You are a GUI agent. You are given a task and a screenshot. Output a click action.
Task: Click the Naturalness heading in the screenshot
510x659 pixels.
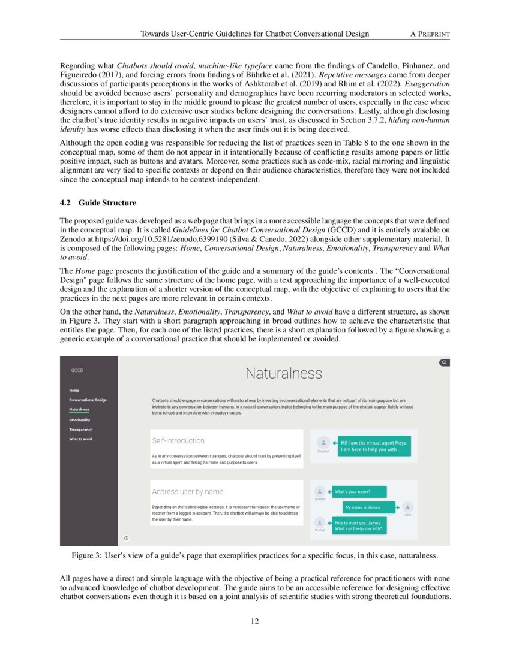pyautogui.click(x=283, y=374)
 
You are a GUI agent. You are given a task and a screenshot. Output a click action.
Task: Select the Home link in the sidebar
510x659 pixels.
pyautogui.click(x=74, y=390)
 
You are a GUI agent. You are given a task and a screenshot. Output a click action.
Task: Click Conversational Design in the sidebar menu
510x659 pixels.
pyautogui.click(x=88, y=400)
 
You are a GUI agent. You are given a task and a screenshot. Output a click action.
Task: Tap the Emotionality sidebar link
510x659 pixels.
pyautogui.click(x=80, y=420)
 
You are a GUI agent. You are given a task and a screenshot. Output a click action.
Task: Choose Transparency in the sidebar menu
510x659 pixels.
pyautogui.click(x=80, y=430)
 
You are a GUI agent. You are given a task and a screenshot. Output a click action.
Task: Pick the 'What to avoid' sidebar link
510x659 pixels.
pyautogui.click(x=80, y=439)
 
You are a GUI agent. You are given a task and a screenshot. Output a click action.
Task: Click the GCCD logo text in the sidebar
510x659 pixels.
pyautogui.click(x=77, y=370)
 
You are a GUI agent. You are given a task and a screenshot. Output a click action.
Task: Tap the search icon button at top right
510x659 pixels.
pyautogui.click(x=443, y=362)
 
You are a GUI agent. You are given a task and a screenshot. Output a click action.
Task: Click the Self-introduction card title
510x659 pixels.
pyautogui.click(x=178, y=441)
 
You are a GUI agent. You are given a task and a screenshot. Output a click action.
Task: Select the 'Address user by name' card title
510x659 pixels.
pyautogui.click(x=187, y=492)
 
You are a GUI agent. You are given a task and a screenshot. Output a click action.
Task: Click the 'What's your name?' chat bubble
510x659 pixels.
pyautogui.click(x=353, y=492)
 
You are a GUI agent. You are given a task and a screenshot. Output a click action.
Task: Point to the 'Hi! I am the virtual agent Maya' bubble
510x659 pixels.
pyautogui.click(x=374, y=446)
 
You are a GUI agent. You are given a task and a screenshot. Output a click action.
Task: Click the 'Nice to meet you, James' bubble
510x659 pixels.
pyautogui.click(x=357, y=525)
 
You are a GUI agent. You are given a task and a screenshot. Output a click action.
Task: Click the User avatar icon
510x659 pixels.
pyautogui.click(x=407, y=507)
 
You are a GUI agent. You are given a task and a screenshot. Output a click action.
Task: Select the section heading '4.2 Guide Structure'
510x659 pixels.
pyautogui.click(x=98, y=203)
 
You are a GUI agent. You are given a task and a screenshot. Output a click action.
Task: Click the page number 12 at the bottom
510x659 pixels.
pyautogui.click(x=254, y=621)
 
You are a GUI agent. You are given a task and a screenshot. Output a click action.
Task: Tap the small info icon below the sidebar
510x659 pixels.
pyautogui.click(x=126, y=538)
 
